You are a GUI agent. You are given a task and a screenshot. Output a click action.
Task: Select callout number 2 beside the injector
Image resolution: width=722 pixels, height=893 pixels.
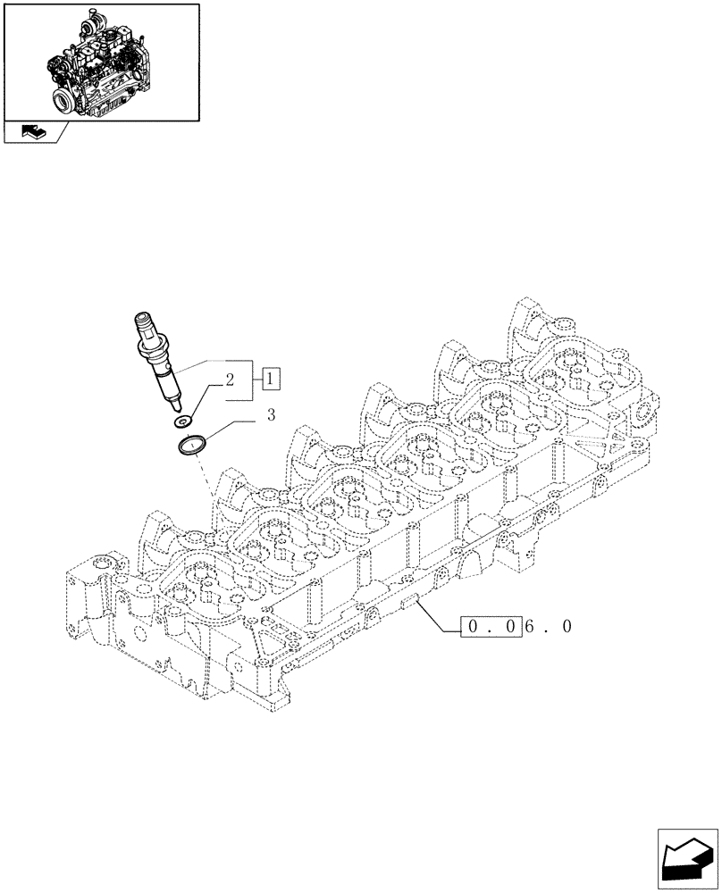[230, 380]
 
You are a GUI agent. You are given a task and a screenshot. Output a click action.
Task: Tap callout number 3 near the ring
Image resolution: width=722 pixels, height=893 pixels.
[272, 414]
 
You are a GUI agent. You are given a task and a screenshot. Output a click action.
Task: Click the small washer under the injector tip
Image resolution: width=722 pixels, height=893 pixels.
[185, 420]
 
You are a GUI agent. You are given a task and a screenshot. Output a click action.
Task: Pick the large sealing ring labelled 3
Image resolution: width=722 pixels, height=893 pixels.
[192, 445]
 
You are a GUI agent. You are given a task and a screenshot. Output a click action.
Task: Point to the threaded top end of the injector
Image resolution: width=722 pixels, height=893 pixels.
[144, 322]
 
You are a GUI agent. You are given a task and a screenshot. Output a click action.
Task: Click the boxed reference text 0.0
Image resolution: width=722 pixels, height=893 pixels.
[491, 628]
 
